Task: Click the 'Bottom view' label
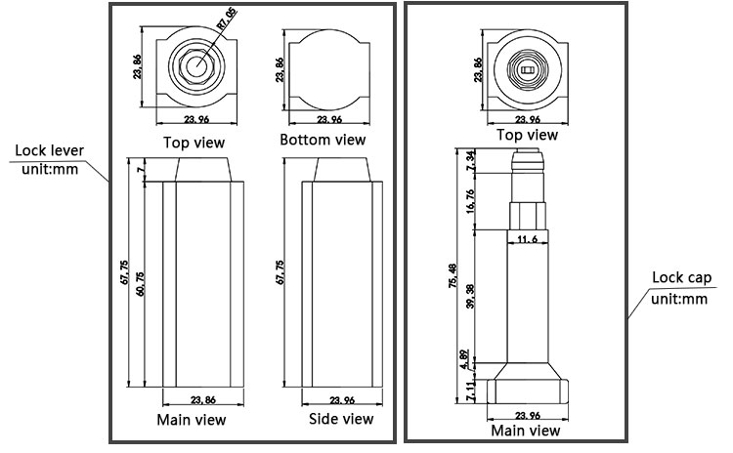tap(323, 140)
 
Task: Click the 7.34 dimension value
tap(470, 161)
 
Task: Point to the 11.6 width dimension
tap(527, 239)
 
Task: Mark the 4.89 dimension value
tap(464, 358)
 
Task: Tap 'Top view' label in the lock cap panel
tap(528, 135)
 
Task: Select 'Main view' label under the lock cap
tap(526, 430)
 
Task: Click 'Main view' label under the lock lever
tap(192, 420)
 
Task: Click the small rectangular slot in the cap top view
tap(528, 70)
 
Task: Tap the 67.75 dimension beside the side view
tap(280, 274)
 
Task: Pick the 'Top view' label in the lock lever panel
tap(195, 142)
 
